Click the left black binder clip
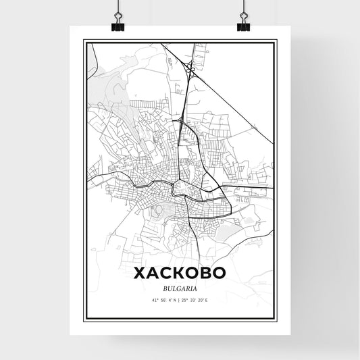(x=117, y=21)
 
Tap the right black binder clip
(x=242, y=21)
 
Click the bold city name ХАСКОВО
(x=180, y=274)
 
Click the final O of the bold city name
(x=218, y=274)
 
